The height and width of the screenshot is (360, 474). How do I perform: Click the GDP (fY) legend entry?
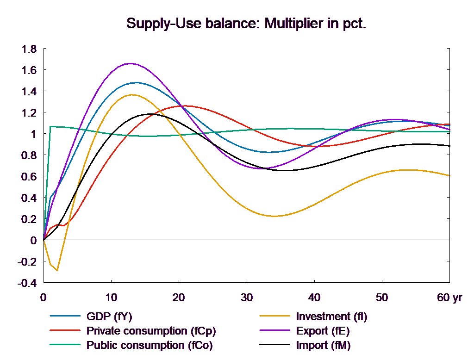coord(109,317)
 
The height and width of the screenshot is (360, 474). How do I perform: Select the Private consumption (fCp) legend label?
coord(151,331)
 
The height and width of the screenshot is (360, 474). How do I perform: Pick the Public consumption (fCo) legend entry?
coord(150,345)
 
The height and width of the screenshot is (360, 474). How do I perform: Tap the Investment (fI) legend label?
coord(331,317)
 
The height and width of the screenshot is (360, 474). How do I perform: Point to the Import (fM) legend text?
coord(323,345)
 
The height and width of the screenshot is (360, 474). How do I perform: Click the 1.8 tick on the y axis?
coord(29,49)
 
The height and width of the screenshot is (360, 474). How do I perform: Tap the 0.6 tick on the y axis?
coord(29,177)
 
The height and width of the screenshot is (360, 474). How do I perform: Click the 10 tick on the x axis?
coord(111,298)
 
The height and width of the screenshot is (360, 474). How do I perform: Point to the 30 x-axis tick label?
coord(246,298)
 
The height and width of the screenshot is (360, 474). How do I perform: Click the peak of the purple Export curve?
coord(131,63)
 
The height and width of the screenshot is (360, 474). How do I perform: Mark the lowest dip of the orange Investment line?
coord(57,270)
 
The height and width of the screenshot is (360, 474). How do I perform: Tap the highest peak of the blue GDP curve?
coord(136,83)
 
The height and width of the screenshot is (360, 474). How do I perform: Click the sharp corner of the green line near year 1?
coord(50,126)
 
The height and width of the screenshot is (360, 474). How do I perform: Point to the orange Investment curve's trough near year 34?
coord(274,216)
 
